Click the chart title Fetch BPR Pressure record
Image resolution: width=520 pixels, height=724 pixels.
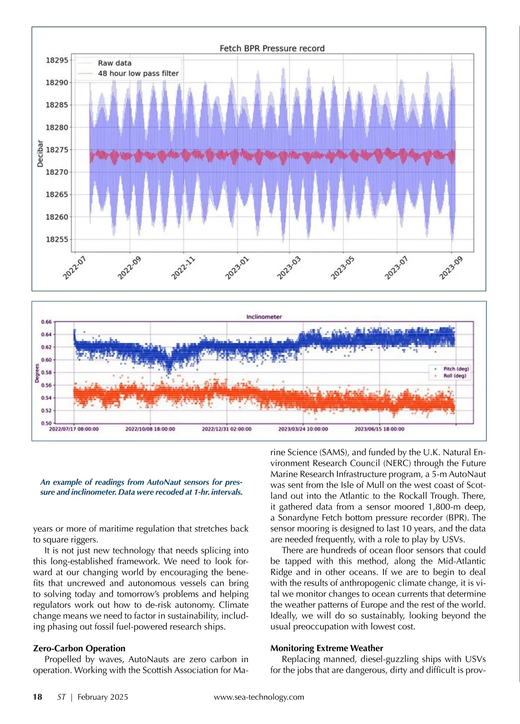pyautogui.click(x=272, y=48)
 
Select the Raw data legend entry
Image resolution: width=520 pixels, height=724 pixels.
pyautogui.click(x=114, y=63)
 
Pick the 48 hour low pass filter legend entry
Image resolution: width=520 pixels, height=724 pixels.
pyautogui.click(x=138, y=74)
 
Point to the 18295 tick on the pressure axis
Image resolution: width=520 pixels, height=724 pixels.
pyautogui.click(x=57, y=60)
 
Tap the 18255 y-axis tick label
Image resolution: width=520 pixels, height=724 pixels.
pyautogui.click(x=57, y=239)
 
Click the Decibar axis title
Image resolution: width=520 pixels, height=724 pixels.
pyautogui.click(x=40, y=154)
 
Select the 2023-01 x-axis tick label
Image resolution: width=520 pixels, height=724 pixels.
pyautogui.click(x=237, y=268)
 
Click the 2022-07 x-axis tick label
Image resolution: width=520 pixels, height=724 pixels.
pyautogui.click(x=75, y=268)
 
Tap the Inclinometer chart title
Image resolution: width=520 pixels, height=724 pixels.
pyautogui.click(x=264, y=317)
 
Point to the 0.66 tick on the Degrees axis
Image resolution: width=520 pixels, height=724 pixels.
pyautogui.click(x=46, y=322)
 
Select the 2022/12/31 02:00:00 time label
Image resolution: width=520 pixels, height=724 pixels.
pyautogui.click(x=227, y=429)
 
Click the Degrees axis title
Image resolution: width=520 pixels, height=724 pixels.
pyautogui.click(x=37, y=373)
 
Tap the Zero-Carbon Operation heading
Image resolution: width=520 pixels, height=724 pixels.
pyautogui.click(x=79, y=648)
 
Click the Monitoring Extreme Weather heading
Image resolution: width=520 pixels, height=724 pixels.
pyautogui.click(x=327, y=648)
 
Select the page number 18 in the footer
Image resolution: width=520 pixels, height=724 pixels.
pyautogui.click(x=38, y=697)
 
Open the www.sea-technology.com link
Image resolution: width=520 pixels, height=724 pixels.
pyautogui.click(x=259, y=697)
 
